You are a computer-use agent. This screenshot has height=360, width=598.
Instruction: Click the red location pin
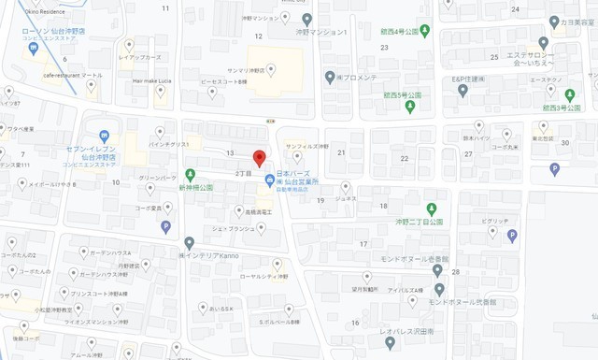pyautogui.click(x=260, y=157)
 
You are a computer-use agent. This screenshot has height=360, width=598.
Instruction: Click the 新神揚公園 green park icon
pyautogui.click(x=190, y=174)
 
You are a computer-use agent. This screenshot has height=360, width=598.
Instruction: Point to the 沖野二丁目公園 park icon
pyautogui.click(x=431, y=208)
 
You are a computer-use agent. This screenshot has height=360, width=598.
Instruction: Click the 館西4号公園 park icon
pyautogui.click(x=424, y=29)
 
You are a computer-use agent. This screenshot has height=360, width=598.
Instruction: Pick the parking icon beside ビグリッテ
pyautogui.click(x=512, y=236)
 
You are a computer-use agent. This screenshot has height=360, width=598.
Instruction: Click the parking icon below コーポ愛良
pyautogui.click(x=166, y=226)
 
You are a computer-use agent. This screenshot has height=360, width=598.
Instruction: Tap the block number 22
pyautogui.click(x=405, y=159)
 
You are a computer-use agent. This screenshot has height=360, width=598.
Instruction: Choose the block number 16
pyautogui.click(x=356, y=323)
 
